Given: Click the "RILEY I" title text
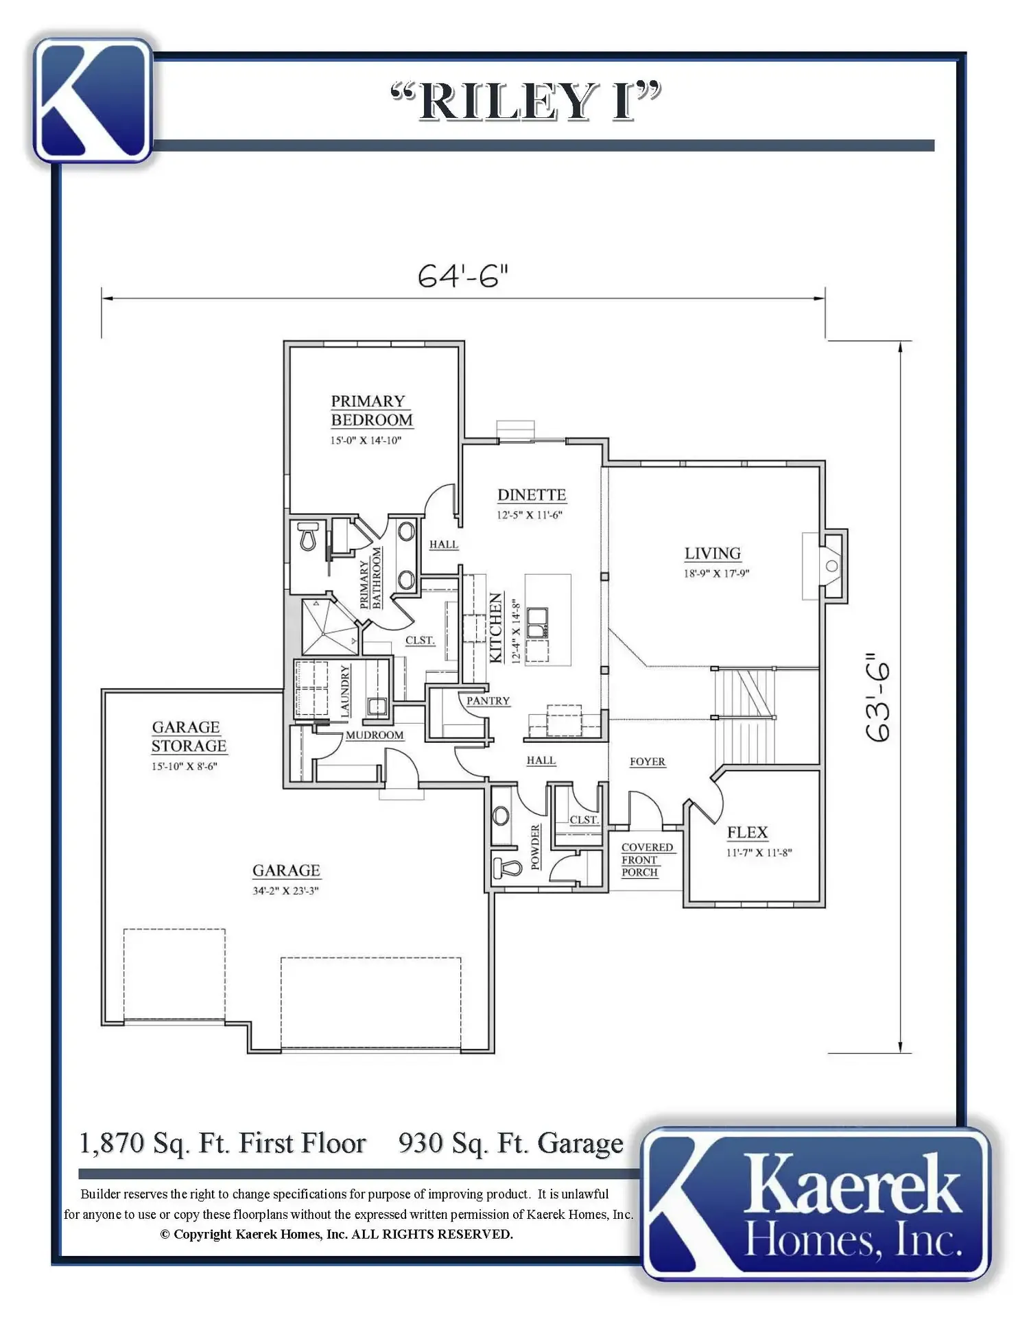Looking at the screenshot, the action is (x=525, y=102).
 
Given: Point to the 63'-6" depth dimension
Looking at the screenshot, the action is (x=878, y=697).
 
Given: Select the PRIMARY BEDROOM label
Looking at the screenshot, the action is (x=372, y=410).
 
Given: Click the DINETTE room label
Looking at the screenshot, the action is (x=532, y=495).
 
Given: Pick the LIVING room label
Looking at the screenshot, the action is (x=713, y=553).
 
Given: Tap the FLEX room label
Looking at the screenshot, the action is (x=747, y=832).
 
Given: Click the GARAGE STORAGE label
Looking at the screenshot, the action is (x=189, y=736).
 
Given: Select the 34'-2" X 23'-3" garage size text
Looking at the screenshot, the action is (x=285, y=891).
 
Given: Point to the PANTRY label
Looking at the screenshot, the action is (x=488, y=700).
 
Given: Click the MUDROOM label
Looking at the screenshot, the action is (x=375, y=735).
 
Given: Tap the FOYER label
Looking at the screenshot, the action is (x=648, y=761).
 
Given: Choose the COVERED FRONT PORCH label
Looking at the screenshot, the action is (x=647, y=859).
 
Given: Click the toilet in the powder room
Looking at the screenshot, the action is (x=507, y=868).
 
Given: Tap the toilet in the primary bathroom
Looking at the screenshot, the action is (x=308, y=536).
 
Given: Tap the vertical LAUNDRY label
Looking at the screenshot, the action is (x=345, y=691).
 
